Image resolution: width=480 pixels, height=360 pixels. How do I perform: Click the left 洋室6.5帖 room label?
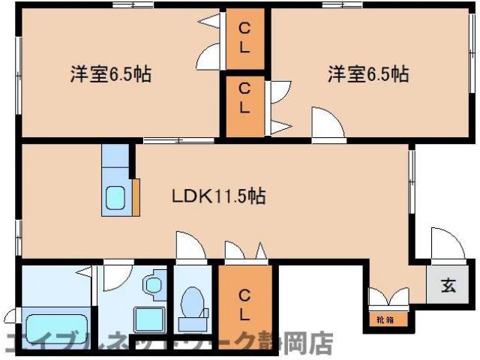click(110, 75)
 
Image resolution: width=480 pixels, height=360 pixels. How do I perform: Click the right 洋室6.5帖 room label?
click(367, 75)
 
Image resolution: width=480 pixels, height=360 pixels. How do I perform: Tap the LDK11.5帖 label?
click(218, 196)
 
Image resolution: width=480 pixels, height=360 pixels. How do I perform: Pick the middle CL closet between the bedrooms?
click(244, 98)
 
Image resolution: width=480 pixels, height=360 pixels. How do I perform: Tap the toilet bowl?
click(192, 304)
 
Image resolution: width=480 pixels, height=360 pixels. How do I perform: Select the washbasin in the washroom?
click(153, 284)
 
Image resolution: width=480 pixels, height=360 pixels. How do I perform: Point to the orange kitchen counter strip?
click(136, 197)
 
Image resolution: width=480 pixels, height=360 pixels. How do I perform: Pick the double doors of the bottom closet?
click(244, 250)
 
